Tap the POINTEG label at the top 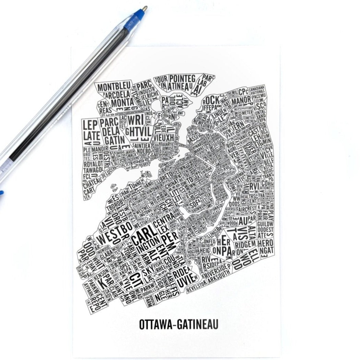(182, 79)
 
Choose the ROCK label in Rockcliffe (212, 100)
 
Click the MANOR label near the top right (241, 101)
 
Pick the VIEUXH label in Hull (161, 137)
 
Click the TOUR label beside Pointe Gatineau (161, 80)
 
